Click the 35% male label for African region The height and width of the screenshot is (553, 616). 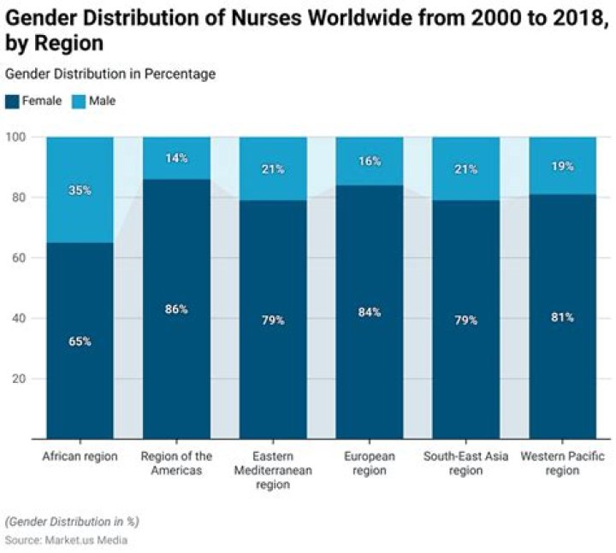80,191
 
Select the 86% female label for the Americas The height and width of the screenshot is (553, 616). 176,309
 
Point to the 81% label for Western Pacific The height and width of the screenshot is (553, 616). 563,317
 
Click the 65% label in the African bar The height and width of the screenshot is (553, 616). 80,341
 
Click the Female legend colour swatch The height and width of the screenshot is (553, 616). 12,101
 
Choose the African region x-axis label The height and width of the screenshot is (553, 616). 80,456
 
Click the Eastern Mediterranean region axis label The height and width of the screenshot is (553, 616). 273,470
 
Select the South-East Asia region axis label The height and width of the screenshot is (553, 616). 466,463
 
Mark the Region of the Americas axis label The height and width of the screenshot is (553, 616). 176,463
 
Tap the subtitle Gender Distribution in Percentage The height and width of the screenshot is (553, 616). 110,74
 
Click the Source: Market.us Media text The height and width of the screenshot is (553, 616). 67,540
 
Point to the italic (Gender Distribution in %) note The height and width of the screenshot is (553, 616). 72,521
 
